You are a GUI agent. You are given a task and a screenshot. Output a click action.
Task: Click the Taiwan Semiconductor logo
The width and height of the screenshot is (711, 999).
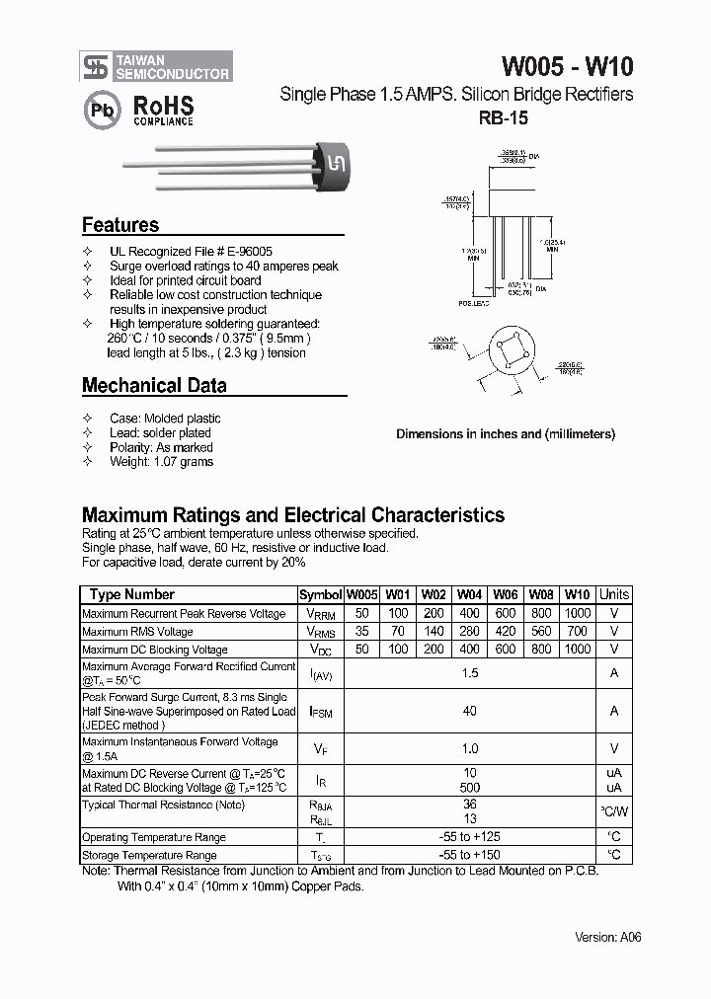156,66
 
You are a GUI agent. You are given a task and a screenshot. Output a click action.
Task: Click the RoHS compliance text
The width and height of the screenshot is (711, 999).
163,110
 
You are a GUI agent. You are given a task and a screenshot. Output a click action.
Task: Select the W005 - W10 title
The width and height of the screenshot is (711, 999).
568,66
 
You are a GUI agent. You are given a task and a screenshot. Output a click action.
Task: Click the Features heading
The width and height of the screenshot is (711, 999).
120,225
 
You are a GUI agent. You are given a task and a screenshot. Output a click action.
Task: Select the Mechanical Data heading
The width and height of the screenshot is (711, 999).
154,386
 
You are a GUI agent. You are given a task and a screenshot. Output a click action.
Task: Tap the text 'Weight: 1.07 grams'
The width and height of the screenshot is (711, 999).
161,461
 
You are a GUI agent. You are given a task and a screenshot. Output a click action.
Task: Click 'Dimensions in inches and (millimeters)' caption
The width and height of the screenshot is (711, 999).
506,433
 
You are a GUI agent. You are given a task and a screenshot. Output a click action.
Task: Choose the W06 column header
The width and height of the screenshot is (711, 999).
506,594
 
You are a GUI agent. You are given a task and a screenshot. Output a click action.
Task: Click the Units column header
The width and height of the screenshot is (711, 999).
613,594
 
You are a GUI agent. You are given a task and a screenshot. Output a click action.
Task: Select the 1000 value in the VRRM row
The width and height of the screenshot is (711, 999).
578,613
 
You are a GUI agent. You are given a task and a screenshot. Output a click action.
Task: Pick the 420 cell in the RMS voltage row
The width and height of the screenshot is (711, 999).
506,632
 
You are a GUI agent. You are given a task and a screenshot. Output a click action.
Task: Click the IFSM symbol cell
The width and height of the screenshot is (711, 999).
321,711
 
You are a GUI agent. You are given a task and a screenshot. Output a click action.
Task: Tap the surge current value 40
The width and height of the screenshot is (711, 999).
470,711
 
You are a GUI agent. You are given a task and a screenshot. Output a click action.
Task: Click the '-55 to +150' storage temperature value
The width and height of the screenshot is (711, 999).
470,855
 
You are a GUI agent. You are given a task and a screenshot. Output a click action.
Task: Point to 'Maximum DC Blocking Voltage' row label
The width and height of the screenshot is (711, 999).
155,650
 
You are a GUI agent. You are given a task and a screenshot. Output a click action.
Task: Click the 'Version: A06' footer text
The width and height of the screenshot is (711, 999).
607,937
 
